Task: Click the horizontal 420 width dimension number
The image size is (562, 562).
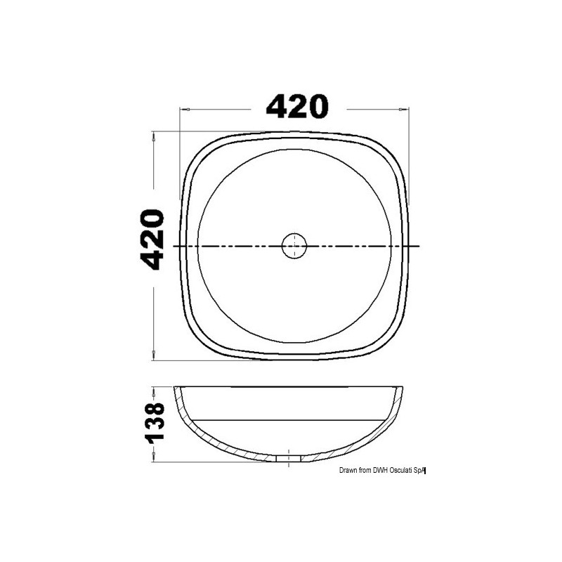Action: click(297, 107)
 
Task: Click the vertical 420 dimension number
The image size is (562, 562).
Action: click(152, 240)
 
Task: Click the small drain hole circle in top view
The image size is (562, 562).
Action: click(294, 246)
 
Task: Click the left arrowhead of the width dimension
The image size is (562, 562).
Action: click(185, 110)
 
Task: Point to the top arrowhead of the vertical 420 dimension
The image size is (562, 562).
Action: click(154, 136)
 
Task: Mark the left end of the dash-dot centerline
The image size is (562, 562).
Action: click(174, 247)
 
